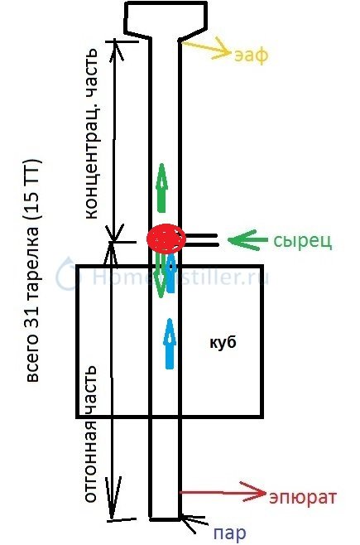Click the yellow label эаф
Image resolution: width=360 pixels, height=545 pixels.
pyautogui.click(x=252, y=55)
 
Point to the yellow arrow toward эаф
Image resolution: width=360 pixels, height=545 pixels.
pyautogui.click(x=205, y=48)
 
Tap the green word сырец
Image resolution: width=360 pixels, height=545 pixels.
pyautogui.click(x=303, y=241)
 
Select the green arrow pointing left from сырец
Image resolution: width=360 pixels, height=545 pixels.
pyautogui.click(x=247, y=240)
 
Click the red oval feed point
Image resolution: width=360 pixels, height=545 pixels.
pyautogui.click(x=166, y=239)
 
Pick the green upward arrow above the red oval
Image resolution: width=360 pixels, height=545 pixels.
pyautogui.click(x=161, y=188)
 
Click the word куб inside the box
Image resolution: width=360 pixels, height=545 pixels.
pyautogui.click(x=223, y=342)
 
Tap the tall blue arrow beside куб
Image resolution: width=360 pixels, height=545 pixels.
pyautogui.click(x=170, y=344)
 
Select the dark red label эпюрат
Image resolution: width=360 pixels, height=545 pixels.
pyautogui.click(x=303, y=498)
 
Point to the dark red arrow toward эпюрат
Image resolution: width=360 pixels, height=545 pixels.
pyautogui.click(x=222, y=493)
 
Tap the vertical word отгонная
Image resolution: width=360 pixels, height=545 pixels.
pyautogui.click(x=90, y=462)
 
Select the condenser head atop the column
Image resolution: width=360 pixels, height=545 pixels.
pyautogui.click(x=166, y=19)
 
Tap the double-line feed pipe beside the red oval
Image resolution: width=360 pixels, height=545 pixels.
pyautogui.click(x=201, y=240)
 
